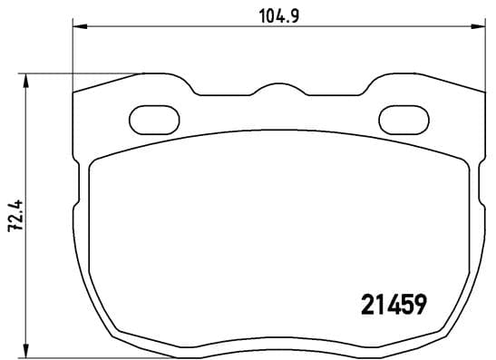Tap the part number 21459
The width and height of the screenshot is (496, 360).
point(389,304)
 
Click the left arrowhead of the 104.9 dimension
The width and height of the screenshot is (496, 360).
point(77,28)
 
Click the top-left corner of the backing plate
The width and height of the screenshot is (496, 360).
point(73,92)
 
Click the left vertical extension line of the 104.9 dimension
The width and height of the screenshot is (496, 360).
point(72,54)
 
